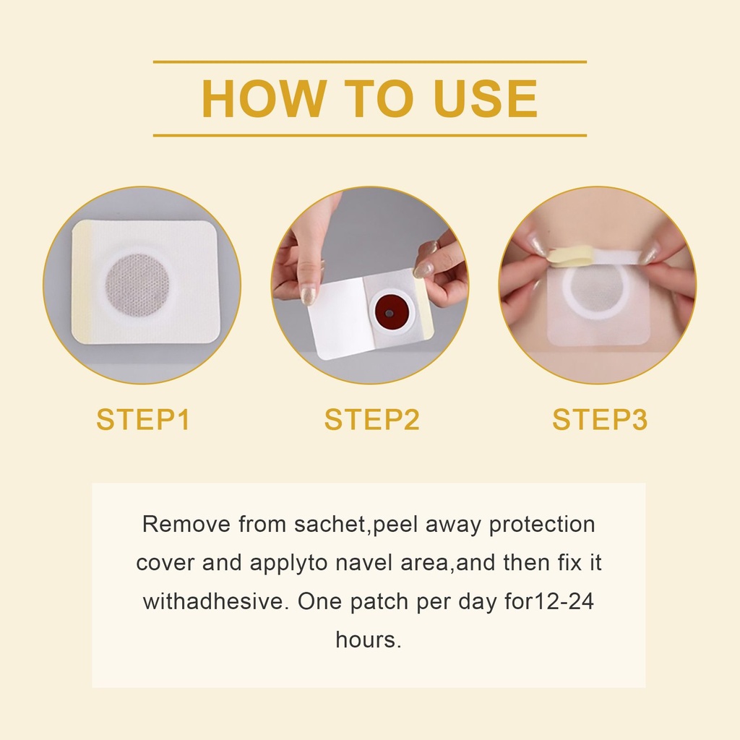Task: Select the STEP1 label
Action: (x=143, y=419)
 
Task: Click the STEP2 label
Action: (x=371, y=419)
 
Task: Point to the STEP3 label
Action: (x=599, y=419)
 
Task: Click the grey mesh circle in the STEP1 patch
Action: (x=137, y=286)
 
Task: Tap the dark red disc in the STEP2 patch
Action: (x=389, y=312)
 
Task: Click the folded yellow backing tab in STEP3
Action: (x=572, y=257)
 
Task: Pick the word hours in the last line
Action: (x=368, y=640)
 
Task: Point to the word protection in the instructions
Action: (x=542, y=525)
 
